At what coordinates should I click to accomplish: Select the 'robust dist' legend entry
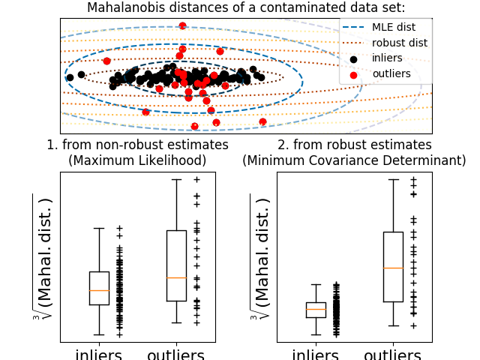click(x=399, y=43)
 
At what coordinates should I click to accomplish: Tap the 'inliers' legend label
click(x=387, y=58)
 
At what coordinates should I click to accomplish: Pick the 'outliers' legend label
click(x=391, y=73)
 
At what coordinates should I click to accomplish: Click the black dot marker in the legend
click(x=354, y=58)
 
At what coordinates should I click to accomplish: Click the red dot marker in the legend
click(x=354, y=74)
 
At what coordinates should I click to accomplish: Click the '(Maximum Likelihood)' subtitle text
click(x=137, y=160)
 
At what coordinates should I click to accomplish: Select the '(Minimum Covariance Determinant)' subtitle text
click(x=354, y=160)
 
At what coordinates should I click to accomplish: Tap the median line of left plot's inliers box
click(x=99, y=290)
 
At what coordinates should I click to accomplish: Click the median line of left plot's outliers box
click(x=176, y=277)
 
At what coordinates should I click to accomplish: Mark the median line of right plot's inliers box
click(x=316, y=309)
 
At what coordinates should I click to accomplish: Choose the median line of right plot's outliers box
click(x=393, y=268)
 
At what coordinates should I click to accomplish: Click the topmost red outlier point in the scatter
click(x=182, y=25)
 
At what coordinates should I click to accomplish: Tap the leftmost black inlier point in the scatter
click(x=70, y=77)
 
